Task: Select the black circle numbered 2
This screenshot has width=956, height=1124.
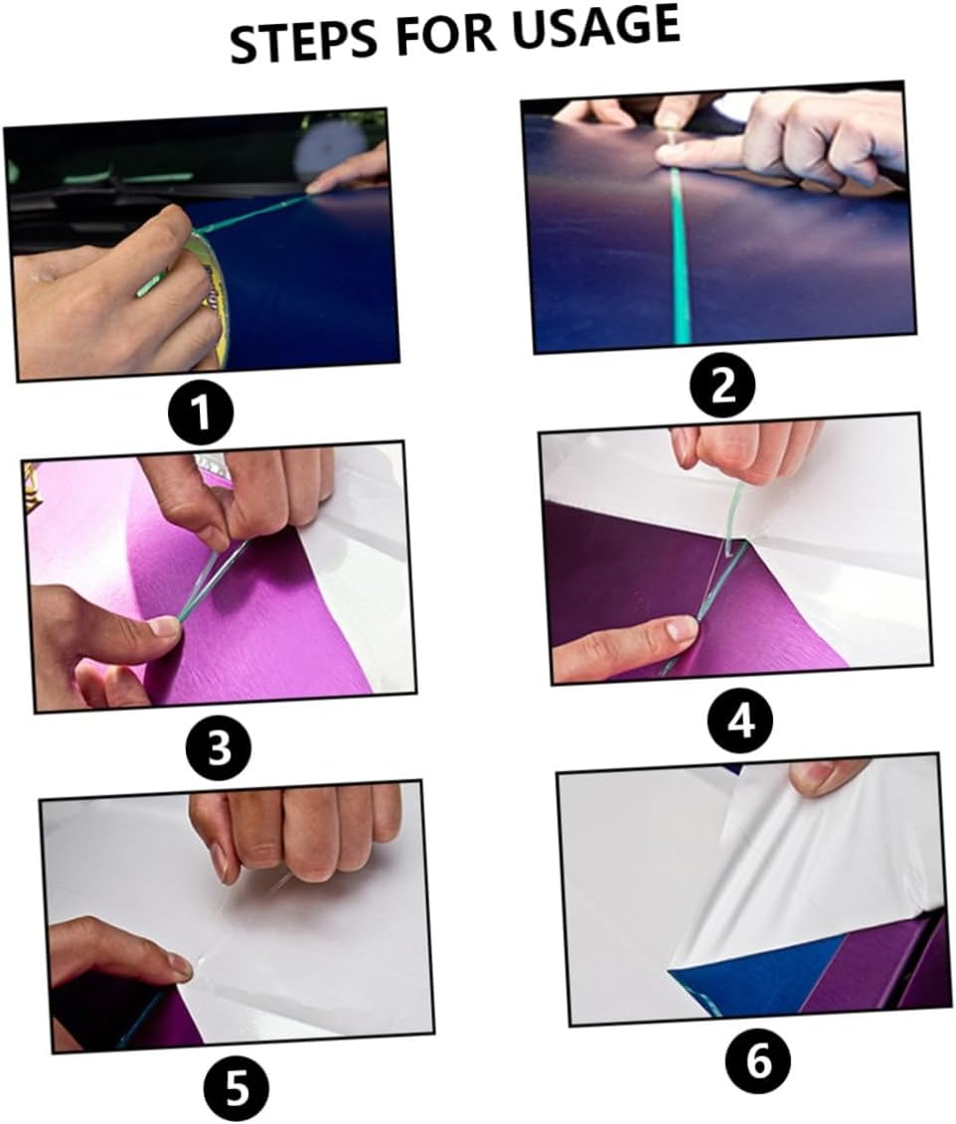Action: coord(723,386)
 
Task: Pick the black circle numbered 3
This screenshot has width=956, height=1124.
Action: coord(220,747)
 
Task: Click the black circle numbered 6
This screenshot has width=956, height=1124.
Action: coord(758,1062)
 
